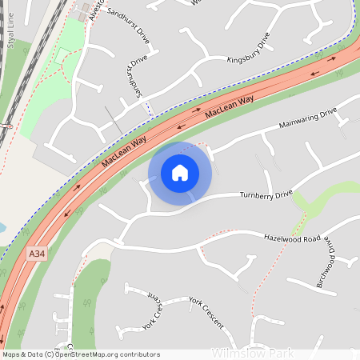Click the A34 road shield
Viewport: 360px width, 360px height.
pos(35,254)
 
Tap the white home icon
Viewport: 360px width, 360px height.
pos(180,173)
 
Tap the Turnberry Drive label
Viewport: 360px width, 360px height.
pos(266,194)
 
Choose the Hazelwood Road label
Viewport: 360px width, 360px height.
pos(292,238)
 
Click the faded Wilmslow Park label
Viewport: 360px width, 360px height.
pos(253,353)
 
